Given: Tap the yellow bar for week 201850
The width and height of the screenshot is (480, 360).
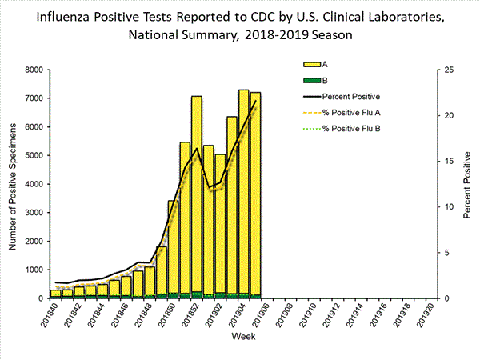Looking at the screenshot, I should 173,248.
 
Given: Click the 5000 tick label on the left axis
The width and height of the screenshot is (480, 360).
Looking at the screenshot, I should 33,156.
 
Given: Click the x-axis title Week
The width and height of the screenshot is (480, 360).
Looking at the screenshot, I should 243,338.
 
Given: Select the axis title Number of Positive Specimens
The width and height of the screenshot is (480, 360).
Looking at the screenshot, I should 14,184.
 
